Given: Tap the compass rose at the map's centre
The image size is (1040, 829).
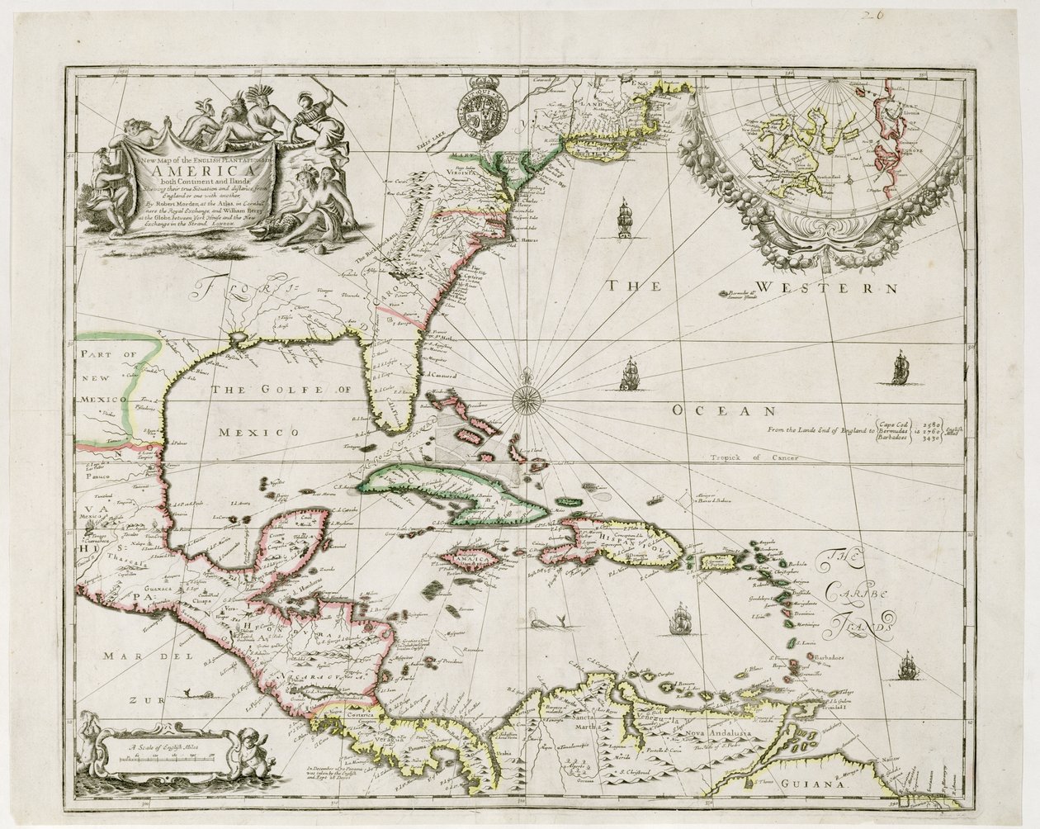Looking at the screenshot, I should (526, 400).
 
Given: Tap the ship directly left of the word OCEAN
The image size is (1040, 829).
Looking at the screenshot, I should (631, 374).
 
